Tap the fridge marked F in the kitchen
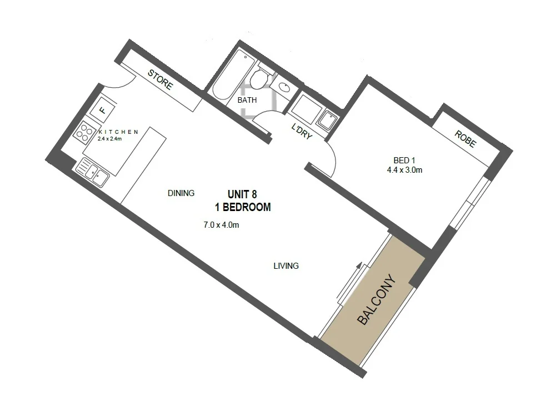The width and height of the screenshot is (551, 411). pos(103,109)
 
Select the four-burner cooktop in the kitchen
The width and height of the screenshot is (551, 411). pos(85,133)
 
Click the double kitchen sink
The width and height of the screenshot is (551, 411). pos(92,171)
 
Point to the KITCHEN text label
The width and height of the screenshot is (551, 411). pos(118,132)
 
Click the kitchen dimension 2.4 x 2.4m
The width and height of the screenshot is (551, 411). pos(109,138)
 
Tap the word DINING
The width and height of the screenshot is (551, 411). pos(181,193)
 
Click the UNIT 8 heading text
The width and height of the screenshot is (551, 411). pos(243,194)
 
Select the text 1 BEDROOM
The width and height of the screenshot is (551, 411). pos(243,207)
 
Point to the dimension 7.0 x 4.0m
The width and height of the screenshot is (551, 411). pos(221,225)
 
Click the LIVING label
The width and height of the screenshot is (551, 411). pos(286,266)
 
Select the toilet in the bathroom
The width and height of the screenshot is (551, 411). pos(258,81)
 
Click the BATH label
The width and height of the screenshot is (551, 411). pos(247,101)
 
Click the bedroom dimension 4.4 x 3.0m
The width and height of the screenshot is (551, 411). pos(404,170)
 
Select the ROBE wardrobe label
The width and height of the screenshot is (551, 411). pos(465,139)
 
